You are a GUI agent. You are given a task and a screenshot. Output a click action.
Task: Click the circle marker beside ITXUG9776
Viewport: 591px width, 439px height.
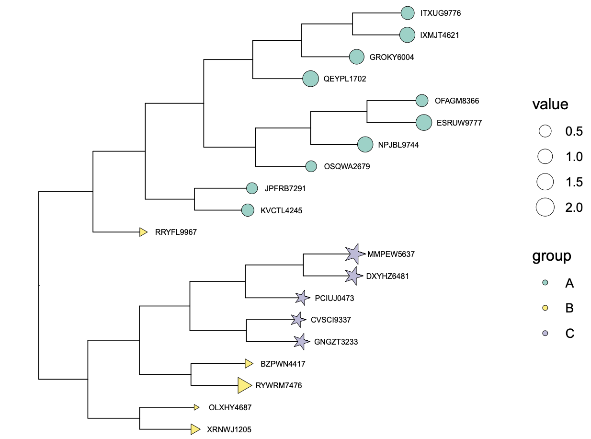tap(407, 13)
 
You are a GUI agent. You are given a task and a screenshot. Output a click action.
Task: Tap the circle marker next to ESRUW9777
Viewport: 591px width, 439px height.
tap(424, 123)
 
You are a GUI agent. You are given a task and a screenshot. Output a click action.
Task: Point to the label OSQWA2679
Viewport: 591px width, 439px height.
tap(347, 167)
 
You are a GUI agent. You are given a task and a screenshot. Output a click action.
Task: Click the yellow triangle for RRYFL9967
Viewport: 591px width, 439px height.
tap(143, 232)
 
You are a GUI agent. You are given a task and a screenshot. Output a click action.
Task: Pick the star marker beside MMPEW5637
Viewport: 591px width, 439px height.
tap(354, 254)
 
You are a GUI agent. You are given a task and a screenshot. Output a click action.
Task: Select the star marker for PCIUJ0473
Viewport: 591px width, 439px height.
tap(302, 298)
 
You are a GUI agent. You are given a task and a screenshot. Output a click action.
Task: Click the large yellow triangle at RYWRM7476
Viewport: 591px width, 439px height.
tap(244, 385)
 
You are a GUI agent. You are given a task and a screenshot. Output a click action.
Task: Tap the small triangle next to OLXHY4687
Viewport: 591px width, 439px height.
tap(196, 407)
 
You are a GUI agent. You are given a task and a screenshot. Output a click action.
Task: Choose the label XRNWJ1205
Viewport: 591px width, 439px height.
tap(229, 429)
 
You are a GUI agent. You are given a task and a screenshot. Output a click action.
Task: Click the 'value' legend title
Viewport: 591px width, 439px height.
tap(550, 104)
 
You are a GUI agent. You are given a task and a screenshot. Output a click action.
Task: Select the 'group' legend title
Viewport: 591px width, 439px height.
tap(552, 256)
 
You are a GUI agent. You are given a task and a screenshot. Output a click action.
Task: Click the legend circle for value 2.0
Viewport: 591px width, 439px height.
tap(545, 208)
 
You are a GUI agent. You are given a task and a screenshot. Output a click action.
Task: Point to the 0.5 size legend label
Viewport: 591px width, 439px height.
tap(574, 131)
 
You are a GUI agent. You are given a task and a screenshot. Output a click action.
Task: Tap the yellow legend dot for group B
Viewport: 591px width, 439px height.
tap(545, 308)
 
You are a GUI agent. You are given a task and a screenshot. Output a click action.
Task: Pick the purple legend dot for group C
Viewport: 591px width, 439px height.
tap(545, 333)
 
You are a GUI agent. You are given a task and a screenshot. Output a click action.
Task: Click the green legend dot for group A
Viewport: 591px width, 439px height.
tap(545, 283)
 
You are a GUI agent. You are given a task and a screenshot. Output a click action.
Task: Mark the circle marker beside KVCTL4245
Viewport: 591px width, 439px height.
tap(248, 210)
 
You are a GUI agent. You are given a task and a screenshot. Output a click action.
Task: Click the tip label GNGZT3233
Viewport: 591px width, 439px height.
tap(336, 342)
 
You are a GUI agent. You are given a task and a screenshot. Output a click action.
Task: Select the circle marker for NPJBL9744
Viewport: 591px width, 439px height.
tap(365, 145)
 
